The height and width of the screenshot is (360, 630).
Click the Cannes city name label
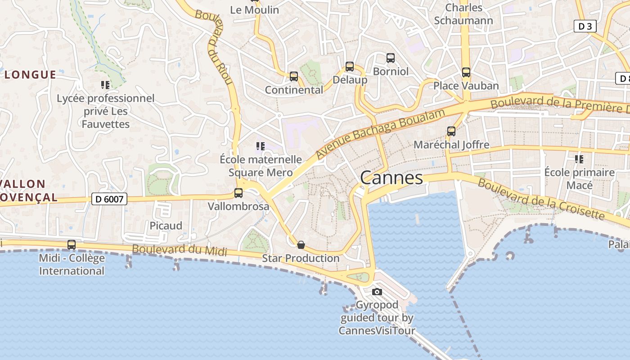[x=391, y=178]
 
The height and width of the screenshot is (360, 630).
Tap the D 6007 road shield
[x=109, y=199]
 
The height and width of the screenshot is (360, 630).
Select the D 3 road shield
[x=585, y=27]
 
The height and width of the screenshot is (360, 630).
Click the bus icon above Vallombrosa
[x=238, y=193]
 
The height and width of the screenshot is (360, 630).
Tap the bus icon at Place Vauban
[x=466, y=72]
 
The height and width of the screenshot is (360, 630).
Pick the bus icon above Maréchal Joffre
[x=451, y=131]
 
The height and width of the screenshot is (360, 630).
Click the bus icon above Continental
[x=294, y=76]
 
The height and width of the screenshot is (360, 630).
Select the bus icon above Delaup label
[x=350, y=67]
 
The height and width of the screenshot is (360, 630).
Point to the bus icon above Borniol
[x=391, y=58]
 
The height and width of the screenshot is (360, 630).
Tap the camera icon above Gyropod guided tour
[x=377, y=292]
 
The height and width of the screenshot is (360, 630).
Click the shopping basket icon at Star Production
[x=301, y=245]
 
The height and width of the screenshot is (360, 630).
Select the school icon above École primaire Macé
[x=579, y=159]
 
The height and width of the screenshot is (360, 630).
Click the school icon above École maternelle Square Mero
[x=261, y=146]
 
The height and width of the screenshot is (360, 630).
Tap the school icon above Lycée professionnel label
[x=105, y=85]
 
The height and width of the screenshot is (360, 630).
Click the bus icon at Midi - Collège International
[x=72, y=245]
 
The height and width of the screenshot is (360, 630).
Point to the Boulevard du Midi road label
[x=180, y=250]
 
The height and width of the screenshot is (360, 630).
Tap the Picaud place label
[x=166, y=225]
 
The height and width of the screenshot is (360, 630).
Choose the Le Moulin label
[x=254, y=9]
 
